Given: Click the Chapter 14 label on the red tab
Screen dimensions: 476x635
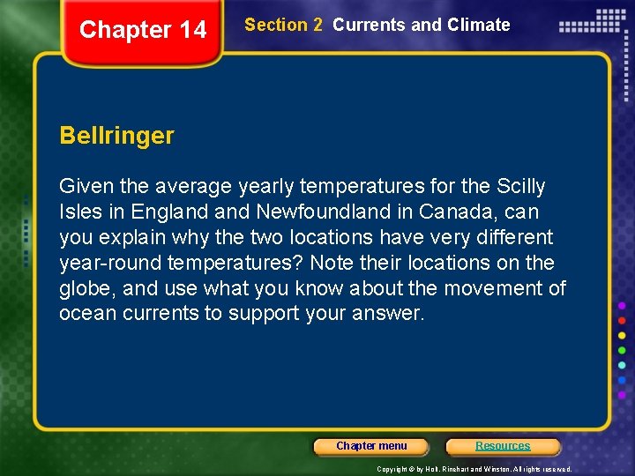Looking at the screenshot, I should point(143,30).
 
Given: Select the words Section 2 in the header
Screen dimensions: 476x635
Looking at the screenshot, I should point(283,25).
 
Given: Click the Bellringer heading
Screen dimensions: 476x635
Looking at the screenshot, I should point(116,136).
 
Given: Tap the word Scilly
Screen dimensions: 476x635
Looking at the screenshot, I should point(521,186).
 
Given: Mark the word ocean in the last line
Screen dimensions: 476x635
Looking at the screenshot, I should point(86,314).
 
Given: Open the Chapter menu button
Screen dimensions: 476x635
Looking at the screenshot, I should point(371,446).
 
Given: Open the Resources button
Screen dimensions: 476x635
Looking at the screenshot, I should point(503,446).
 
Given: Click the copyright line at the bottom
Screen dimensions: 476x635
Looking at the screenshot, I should point(474,469).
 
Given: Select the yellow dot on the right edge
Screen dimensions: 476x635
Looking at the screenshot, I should point(622,335).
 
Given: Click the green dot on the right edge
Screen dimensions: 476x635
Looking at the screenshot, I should point(622,350).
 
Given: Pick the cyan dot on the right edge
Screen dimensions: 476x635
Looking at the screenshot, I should point(622,365).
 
